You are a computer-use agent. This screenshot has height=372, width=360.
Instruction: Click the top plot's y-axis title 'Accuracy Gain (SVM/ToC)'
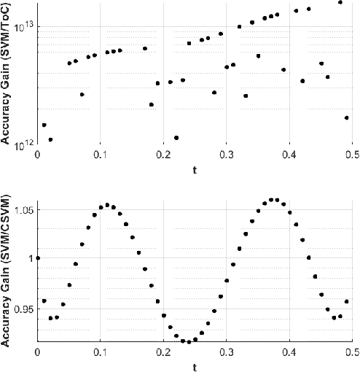point(7,78)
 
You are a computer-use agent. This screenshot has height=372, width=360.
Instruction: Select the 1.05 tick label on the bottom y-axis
point(22,211)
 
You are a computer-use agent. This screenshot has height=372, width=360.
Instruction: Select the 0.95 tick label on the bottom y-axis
point(22,309)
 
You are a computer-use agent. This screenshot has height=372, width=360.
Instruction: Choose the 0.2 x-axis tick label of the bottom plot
point(163,352)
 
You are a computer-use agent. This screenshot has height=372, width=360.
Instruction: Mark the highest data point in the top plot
point(340,2)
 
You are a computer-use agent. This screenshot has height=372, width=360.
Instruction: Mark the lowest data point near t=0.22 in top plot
point(176,138)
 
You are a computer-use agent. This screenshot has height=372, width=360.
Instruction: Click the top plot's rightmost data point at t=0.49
point(347,117)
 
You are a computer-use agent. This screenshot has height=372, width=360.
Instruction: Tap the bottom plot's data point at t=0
point(37,257)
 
